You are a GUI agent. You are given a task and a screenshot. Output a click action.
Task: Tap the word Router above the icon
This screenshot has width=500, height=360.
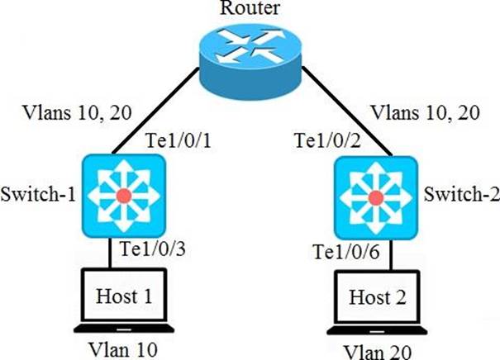249,9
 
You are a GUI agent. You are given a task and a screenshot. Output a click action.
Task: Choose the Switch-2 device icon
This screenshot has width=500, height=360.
376,195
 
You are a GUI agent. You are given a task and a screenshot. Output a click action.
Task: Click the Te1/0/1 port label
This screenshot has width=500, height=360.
178,141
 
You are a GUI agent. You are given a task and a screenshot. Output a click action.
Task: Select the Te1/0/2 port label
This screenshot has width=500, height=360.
321,141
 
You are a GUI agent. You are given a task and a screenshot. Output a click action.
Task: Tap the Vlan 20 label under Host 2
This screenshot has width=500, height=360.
377,349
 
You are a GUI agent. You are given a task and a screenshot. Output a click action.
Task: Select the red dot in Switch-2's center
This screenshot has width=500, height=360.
376,197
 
